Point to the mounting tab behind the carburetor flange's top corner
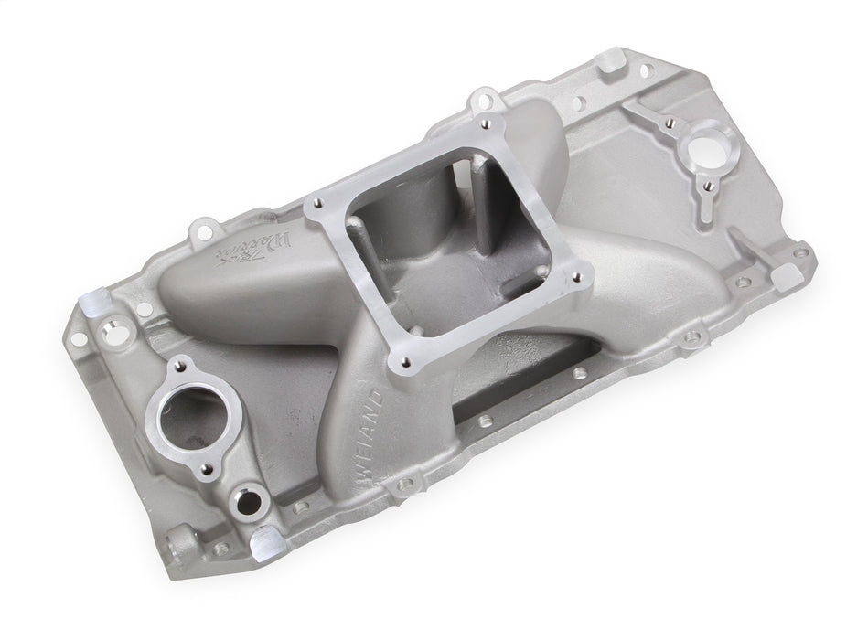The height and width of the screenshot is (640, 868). point(480,98)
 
